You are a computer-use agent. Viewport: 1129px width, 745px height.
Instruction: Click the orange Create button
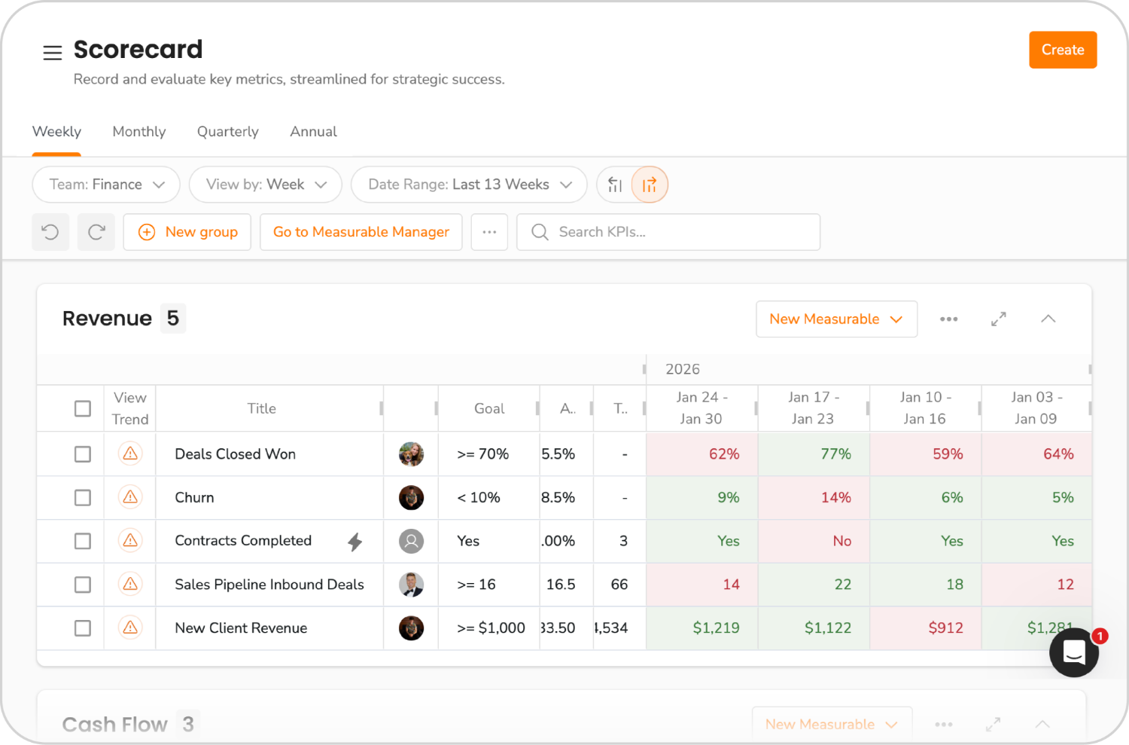[1062, 50]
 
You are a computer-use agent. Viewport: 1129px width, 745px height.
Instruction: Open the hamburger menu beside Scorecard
[52, 53]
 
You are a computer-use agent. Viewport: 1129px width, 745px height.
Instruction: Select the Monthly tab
[138, 132]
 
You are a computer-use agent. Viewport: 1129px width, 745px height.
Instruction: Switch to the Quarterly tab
[227, 132]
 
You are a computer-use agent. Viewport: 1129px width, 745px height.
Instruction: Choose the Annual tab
[313, 132]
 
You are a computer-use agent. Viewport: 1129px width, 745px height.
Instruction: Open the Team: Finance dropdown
[106, 185]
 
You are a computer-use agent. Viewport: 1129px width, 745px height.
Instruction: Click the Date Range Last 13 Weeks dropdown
[469, 185]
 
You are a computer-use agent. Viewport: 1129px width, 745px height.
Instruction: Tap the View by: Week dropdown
[265, 185]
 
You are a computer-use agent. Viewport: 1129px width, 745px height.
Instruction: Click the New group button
[187, 232]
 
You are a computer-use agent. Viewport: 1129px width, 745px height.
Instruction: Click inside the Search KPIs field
[677, 232]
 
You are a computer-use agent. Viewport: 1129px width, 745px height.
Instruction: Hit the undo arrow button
[50, 232]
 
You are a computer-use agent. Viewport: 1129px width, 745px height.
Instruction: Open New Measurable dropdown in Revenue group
[835, 319]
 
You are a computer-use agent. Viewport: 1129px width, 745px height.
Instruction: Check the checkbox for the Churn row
[83, 498]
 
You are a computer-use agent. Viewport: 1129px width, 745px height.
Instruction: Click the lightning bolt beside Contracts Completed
[355, 542]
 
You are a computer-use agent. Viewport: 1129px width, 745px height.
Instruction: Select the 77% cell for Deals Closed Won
[814, 454]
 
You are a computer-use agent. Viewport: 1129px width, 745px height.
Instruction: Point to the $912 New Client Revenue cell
[925, 628]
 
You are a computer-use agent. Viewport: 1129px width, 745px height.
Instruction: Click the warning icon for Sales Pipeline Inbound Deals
[130, 585]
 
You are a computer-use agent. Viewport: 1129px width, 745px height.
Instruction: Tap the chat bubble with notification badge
[1073, 652]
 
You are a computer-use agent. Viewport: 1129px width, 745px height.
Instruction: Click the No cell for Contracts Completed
[814, 542]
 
